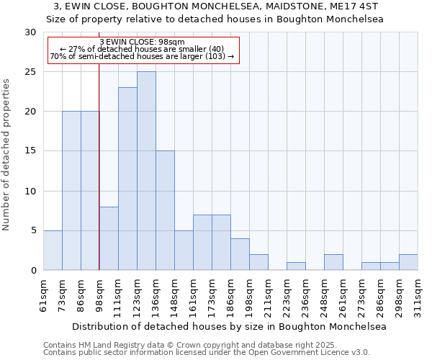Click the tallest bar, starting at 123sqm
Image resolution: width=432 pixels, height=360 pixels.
point(146,171)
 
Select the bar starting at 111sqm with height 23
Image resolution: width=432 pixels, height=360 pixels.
point(127,179)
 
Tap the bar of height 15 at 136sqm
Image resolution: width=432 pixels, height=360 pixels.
point(165,210)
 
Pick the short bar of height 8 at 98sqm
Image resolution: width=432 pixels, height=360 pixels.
point(109,238)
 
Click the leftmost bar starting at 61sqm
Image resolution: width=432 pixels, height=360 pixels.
point(53,250)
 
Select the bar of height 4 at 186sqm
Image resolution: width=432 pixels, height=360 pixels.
point(240,254)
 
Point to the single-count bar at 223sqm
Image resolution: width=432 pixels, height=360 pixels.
point(296,266)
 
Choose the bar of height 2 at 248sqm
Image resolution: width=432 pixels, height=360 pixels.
point(333,262)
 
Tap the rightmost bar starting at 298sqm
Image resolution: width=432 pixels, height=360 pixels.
point(408,262)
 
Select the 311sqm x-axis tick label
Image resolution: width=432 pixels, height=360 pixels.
point(419,295)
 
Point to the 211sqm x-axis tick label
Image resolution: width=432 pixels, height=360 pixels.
point(269,295)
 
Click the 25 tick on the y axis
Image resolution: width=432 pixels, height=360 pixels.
point(30,72)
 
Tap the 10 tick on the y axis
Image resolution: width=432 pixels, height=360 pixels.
point(30,192)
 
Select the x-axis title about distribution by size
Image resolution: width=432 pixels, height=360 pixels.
point(230,326)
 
